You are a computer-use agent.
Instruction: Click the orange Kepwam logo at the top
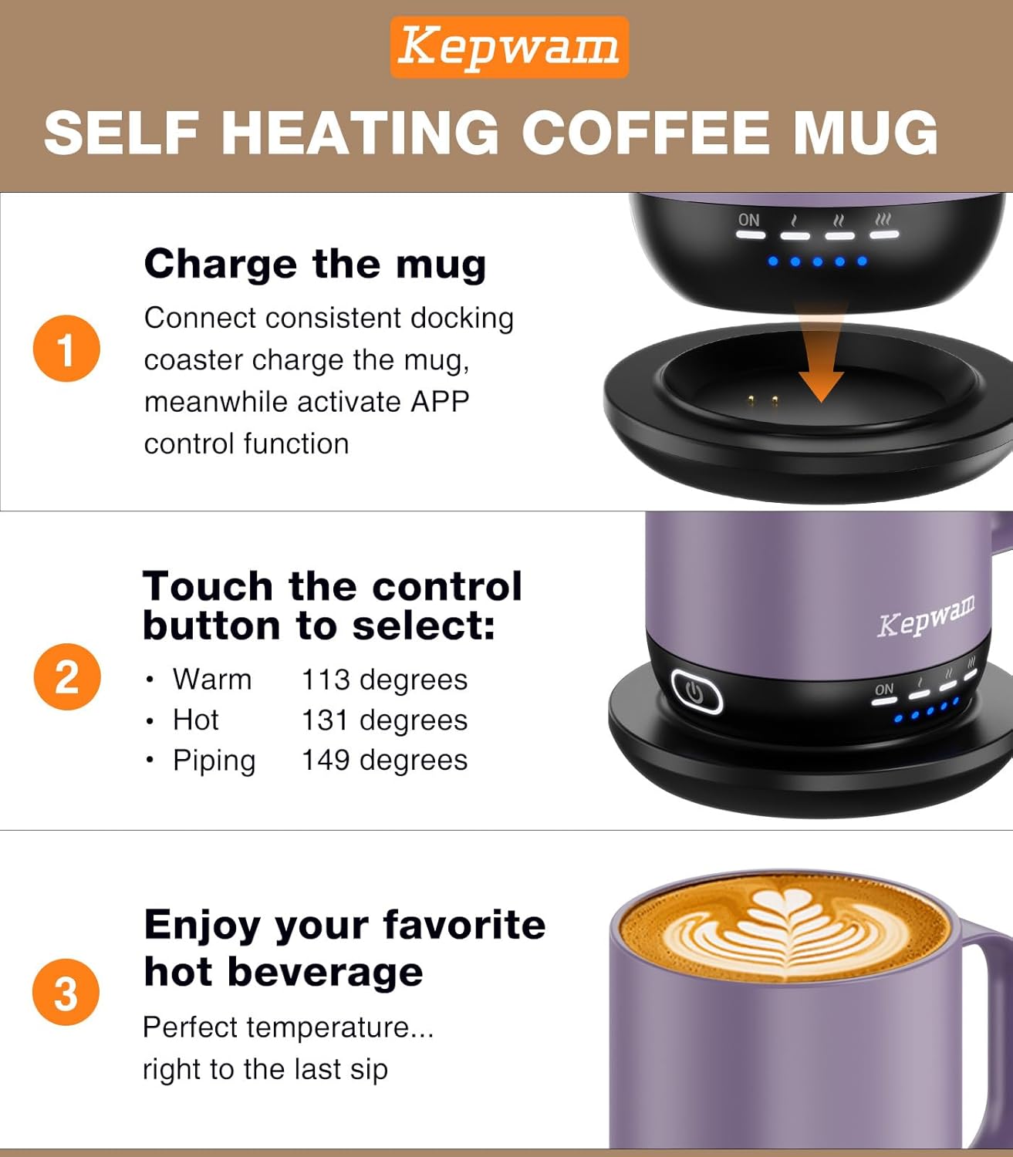[x=509, y=47]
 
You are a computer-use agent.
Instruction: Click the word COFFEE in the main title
[x=646, y=132]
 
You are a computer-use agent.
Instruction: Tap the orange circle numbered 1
[x=66, y=348]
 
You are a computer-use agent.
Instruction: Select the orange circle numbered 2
[x=67, y=676]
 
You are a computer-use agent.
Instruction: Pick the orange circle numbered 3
[x=66, y=992]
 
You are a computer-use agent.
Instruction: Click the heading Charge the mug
[x=315, y=264]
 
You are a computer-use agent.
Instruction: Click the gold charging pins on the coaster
[x=762, y=400]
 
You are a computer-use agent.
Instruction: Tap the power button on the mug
[x=696, y=691]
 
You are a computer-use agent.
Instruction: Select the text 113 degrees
[x=384, y=680]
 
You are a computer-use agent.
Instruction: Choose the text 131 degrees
[x=384, y=720]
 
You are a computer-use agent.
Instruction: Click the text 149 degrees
[x=384, y=760]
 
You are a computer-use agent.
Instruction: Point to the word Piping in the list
[x=214, y=761]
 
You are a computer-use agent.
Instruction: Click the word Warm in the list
[x=212, y=680]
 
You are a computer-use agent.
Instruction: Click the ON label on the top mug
[x=748, y=221]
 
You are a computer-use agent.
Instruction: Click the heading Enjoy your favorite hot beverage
[x=344, y=948]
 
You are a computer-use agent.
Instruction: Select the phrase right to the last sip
[x=265, y=1070]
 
